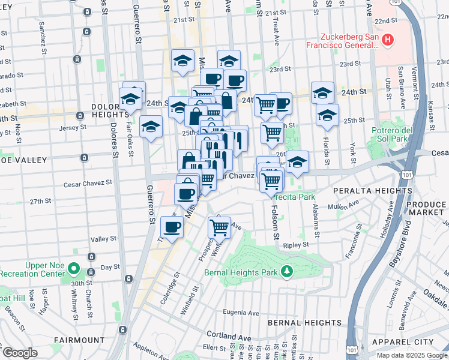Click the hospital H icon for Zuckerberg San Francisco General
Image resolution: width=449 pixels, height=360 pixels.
pos(388,40)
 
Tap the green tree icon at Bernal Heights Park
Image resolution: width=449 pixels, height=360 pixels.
pos(288,271)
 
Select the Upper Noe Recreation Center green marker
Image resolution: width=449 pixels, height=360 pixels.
pos(73,268)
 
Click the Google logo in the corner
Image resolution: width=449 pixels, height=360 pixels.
pos(19,353)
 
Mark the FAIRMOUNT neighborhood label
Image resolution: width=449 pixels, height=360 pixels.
pos(79,340)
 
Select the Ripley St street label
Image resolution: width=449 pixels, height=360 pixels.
pos(297,245)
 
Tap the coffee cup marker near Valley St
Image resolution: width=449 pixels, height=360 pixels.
pos(172,227)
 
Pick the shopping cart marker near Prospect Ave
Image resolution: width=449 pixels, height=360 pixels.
pos(220,227)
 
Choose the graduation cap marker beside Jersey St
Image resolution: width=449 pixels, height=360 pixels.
pos(151,127)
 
